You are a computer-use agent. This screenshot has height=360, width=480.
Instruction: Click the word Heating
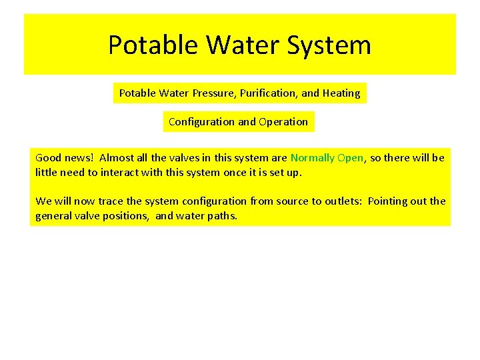click(x=341, y=93)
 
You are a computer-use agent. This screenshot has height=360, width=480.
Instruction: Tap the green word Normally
click(x=312, y=158)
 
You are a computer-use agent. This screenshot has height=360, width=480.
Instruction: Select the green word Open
click(x=350, y=158)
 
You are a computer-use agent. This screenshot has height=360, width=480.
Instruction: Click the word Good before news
click(x=47, y=158)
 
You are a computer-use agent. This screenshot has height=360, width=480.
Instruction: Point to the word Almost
click(x=117, y=158)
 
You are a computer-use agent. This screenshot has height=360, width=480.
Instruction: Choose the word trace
click(x=110, y=201)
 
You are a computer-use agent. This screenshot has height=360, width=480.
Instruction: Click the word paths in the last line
click(x=222, y=216)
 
